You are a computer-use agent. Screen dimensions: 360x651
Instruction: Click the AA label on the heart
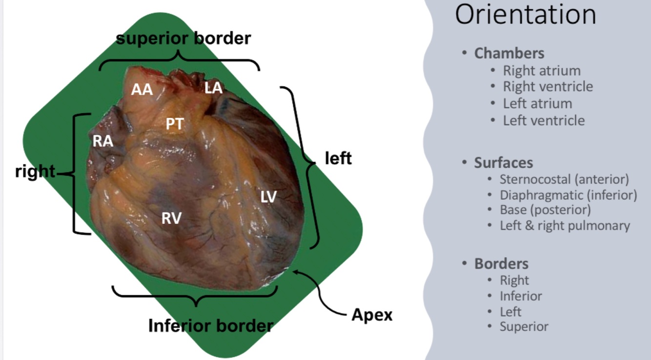(142, 90)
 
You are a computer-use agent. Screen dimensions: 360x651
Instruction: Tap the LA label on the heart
(213, 88)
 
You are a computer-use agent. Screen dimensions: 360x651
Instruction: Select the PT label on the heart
(174, 124)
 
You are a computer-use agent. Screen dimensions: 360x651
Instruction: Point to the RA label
(103, 141)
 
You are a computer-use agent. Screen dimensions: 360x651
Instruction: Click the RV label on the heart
(171, 218)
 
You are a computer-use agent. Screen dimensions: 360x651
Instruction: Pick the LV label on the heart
(268, 197)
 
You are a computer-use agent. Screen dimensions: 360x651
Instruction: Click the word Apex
(372, 315)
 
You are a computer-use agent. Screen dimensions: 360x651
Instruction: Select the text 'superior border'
(183, 38)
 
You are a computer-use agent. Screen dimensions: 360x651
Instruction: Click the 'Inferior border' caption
(210, 326)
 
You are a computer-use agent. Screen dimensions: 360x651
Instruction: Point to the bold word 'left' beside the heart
(338, 158)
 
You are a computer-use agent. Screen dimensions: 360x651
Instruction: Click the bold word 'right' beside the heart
(35, 171)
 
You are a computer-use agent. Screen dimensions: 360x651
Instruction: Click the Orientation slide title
(526, 15)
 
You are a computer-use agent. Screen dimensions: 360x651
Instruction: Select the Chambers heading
(509, 53)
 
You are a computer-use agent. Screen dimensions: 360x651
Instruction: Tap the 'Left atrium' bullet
(537, 103)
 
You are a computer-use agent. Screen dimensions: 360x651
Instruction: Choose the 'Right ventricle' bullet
(548, 86)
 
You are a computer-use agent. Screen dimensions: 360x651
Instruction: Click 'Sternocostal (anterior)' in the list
(564, 180)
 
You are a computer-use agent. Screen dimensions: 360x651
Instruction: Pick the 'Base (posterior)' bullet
(545, 210)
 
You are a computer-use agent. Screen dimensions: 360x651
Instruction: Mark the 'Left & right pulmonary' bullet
(565, 225)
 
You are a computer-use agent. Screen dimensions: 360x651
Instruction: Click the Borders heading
(501, 263)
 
